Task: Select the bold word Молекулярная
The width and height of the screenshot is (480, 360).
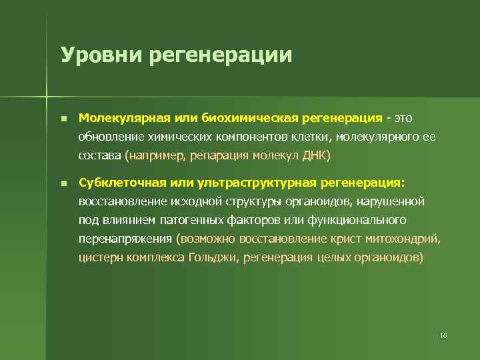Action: pos(125,118)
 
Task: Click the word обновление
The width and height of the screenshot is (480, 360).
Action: pos(110,137)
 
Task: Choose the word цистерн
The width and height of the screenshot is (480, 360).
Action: pos(100,257)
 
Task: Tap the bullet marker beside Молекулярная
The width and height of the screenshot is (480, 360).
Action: pos(63,119)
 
